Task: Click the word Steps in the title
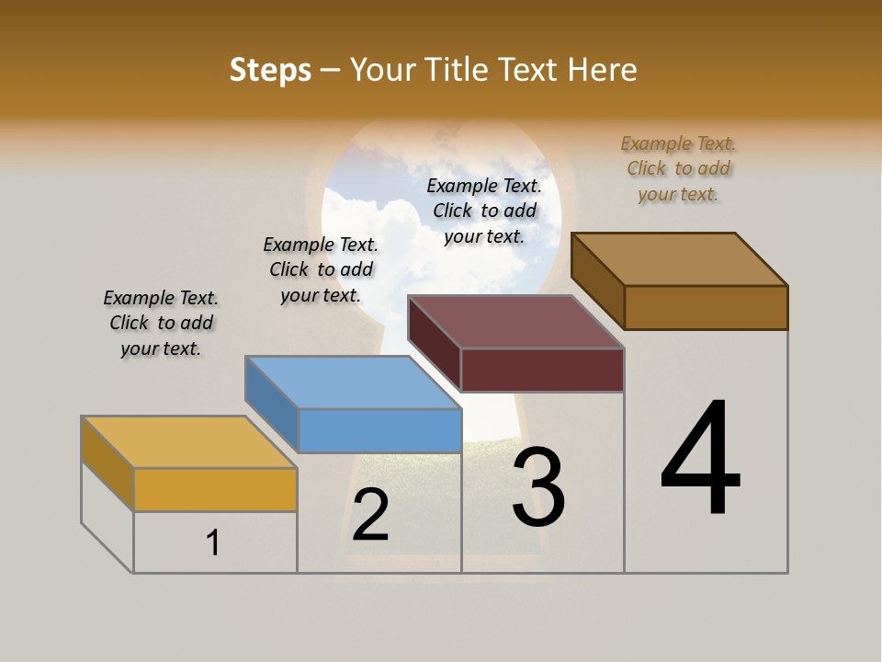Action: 270,70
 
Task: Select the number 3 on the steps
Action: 538,486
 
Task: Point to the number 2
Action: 370,515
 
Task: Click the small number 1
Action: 213,542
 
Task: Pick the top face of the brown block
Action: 679,258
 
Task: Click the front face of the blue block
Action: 379,430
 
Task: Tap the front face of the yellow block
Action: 215,489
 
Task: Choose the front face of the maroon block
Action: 542,370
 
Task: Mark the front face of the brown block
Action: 706,307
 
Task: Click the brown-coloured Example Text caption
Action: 678,168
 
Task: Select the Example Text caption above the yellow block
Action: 161,323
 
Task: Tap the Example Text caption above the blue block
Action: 321,269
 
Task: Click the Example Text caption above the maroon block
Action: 484,211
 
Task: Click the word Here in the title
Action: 602,70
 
